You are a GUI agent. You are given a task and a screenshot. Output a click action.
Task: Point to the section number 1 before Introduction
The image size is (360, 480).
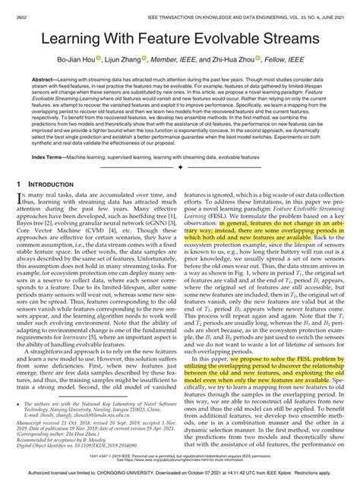coord(18,184)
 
